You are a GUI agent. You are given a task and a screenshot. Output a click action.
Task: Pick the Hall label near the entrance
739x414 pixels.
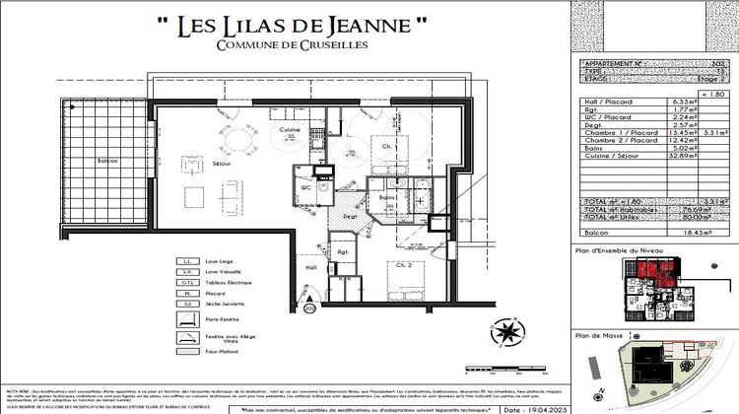(311, 267)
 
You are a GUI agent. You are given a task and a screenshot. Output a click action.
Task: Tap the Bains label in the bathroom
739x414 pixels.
(387, 198)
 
